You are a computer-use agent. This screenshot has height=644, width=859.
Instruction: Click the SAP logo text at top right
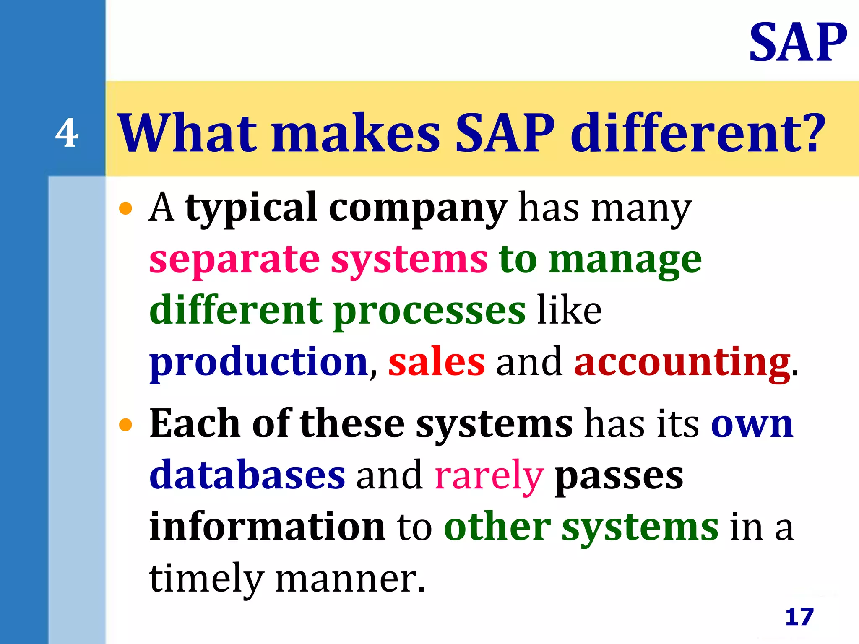tap(798, 43)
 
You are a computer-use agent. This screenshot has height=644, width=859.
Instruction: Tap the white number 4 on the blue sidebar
tap(67, 133)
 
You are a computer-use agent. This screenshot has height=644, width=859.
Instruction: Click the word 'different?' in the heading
tap(698, 133)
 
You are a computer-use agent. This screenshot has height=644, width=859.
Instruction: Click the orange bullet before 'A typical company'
tap(125, 208)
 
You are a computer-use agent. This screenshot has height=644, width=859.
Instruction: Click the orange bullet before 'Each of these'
tap(125, 425)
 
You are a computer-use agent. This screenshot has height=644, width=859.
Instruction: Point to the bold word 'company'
tap(418, 208)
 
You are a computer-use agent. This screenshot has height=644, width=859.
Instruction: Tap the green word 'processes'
tap(429, 312)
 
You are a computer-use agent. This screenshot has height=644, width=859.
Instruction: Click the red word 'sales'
tap(437, 363)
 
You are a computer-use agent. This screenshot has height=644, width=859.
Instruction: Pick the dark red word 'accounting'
tap(682, 363)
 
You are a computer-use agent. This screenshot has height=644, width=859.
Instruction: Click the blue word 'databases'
tap(247, 475)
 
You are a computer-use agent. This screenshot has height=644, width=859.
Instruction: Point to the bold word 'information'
tap(267, 527)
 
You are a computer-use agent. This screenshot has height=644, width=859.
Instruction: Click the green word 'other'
tap(497, 527)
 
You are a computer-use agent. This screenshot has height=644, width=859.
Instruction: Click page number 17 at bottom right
tap(799, 617)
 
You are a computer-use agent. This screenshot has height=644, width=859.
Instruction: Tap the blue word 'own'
tap(752, 425)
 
